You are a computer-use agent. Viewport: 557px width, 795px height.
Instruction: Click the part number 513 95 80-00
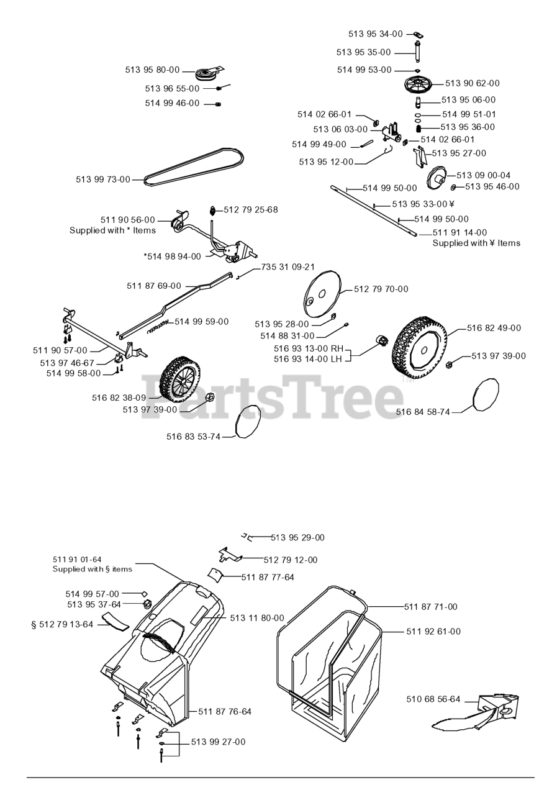tap(152, 70)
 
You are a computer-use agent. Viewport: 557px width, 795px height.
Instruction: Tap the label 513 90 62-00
tap(472, 83)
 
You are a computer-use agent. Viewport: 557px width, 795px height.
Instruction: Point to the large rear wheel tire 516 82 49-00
tap(419, 345)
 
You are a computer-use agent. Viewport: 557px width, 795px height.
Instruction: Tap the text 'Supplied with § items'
tap(93, 569)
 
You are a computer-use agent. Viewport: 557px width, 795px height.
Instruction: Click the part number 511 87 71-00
tap(430, 607)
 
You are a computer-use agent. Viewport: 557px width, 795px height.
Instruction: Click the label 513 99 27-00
tap(218, 742)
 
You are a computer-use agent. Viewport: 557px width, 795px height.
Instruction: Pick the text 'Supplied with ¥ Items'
tap(476, 243)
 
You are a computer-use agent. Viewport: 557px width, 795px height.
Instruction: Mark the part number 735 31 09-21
tap(288, 267)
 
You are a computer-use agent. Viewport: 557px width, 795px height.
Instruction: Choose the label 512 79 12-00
tap(290, 560)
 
